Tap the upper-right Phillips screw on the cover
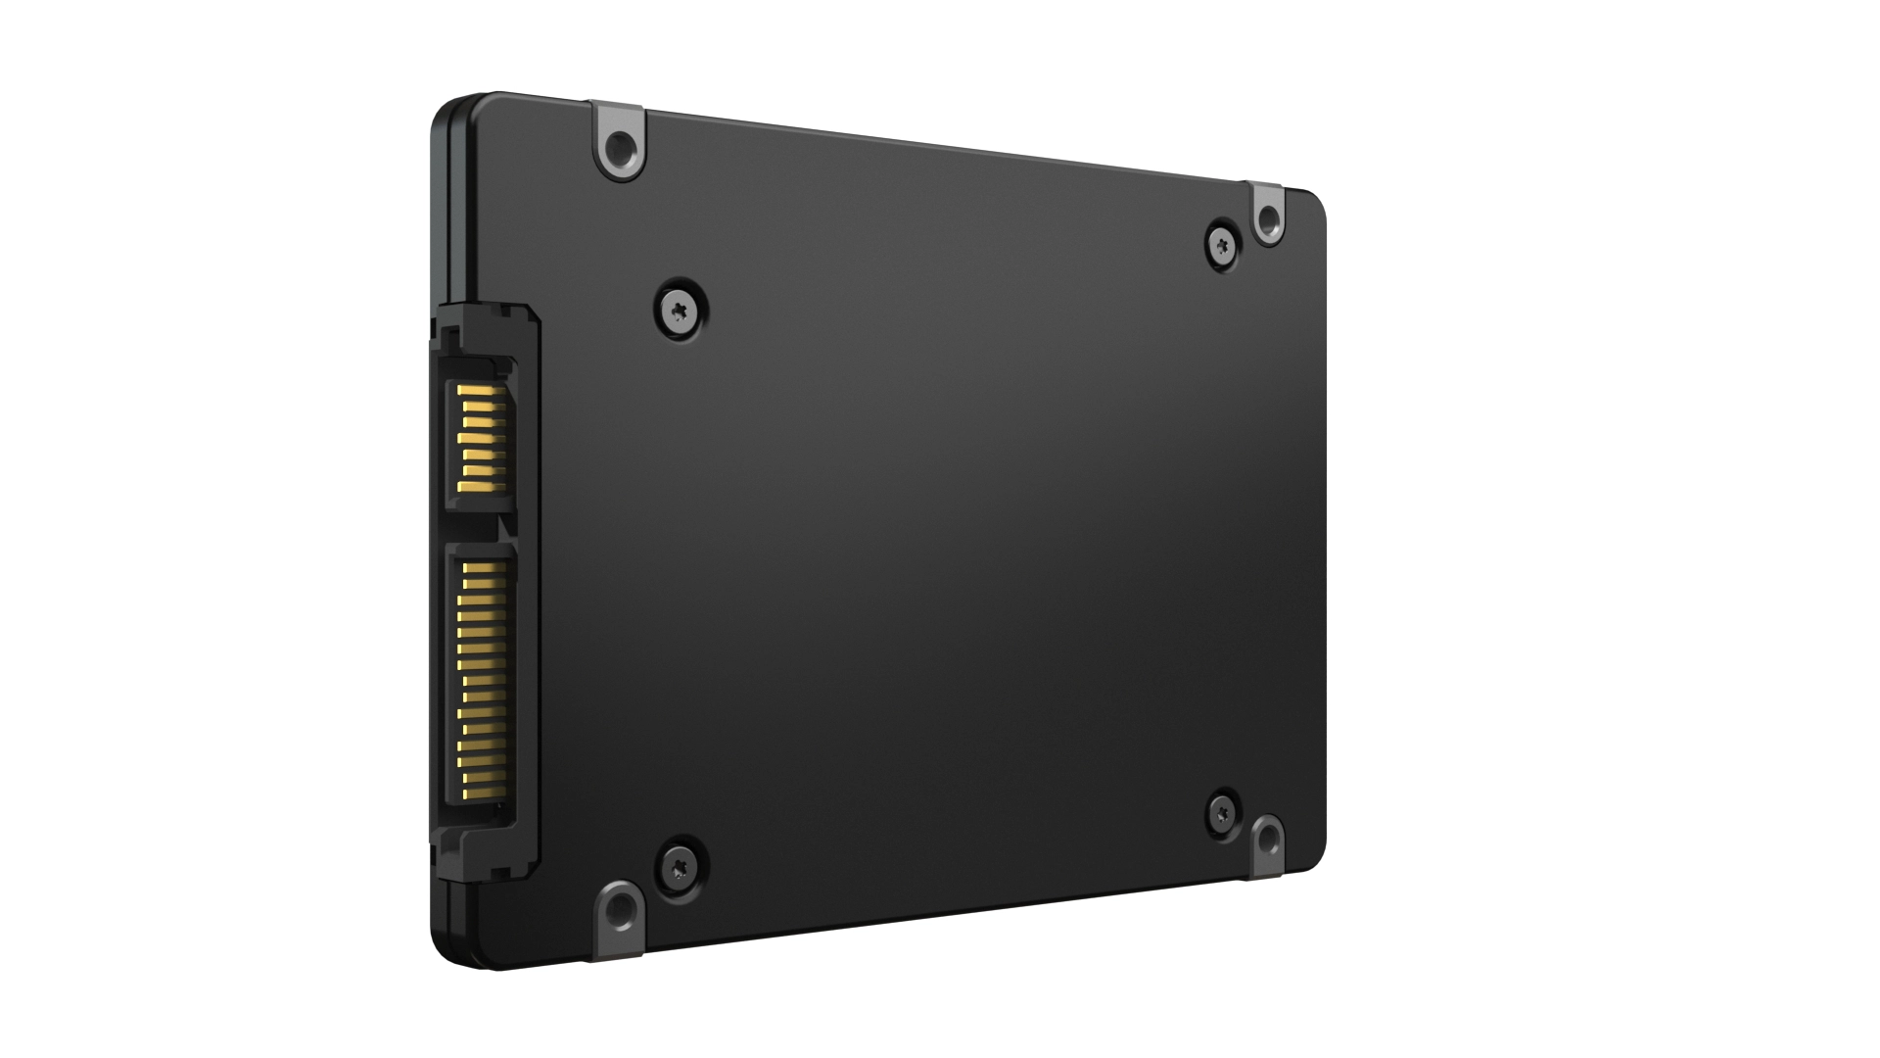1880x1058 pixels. point(1222,242)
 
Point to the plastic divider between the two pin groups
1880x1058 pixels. point(480,525)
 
